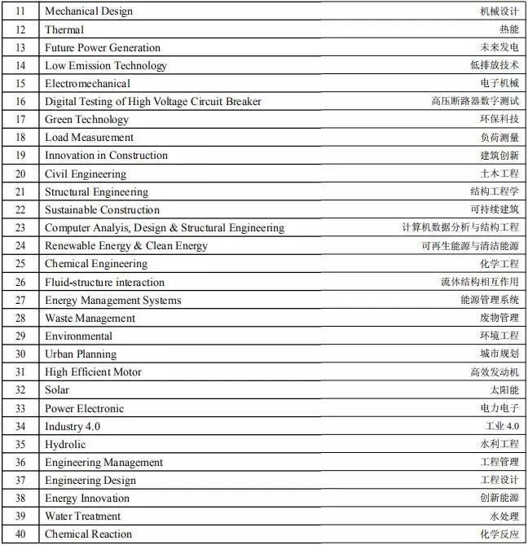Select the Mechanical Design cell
tap(89, 11)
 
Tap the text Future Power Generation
tap(103, 47)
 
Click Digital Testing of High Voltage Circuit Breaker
tap(153, 102)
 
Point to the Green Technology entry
tap(87, 120)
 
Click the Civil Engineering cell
tap(86, 174)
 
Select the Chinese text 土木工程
tap(499, 174)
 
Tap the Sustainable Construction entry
tap(103, 210)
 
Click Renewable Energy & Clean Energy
tap(126, 246)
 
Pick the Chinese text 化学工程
tap(499, 264)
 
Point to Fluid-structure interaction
tap(104, 282)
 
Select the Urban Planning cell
tap(81, 354)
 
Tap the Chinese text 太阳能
tap(504, 389)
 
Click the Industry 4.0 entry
tap(73, 426)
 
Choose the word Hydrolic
tap(65, 444)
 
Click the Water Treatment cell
tap(82, 516)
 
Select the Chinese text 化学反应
tap(499, 534)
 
